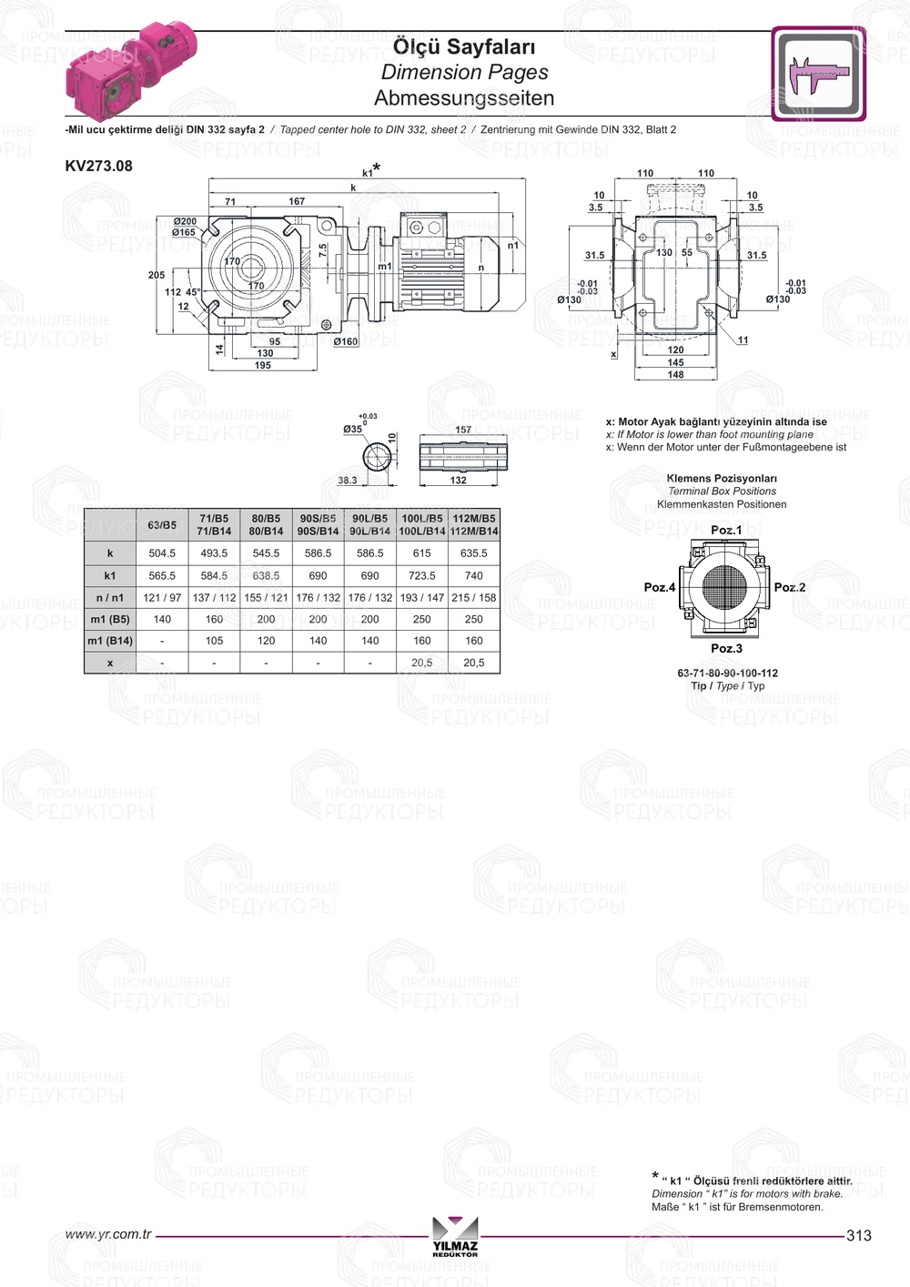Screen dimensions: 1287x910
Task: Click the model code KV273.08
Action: pos(98,166)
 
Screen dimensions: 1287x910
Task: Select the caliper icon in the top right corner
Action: pos(818,74)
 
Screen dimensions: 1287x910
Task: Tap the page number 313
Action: pos(858,1235)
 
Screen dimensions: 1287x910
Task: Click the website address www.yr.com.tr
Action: pos(108,1234)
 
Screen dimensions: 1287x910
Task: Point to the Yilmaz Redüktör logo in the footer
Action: pos(455,1236)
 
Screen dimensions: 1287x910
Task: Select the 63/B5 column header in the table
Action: pos(162,525)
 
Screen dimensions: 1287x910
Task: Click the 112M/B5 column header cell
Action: pos(474,525)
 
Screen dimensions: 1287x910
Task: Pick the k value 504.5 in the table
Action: pos(162,553)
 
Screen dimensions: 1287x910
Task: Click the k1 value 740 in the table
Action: pos(474,575)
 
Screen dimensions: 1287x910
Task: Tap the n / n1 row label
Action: pos(110,597)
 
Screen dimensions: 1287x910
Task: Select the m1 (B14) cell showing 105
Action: pos(214,641)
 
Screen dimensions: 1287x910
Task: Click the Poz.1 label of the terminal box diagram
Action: pos(726,530)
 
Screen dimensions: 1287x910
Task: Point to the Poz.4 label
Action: pos(660,587)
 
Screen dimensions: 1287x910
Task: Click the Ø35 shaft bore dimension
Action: pos(352,429)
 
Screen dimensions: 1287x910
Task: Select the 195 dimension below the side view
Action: pos(263,365)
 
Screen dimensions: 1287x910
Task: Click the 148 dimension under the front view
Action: pos(675,374)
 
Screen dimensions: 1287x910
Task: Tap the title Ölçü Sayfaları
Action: pos(464,46)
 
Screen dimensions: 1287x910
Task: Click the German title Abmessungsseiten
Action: pos(464,98)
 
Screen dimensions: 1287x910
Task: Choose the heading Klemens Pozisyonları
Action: pos(722,478)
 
